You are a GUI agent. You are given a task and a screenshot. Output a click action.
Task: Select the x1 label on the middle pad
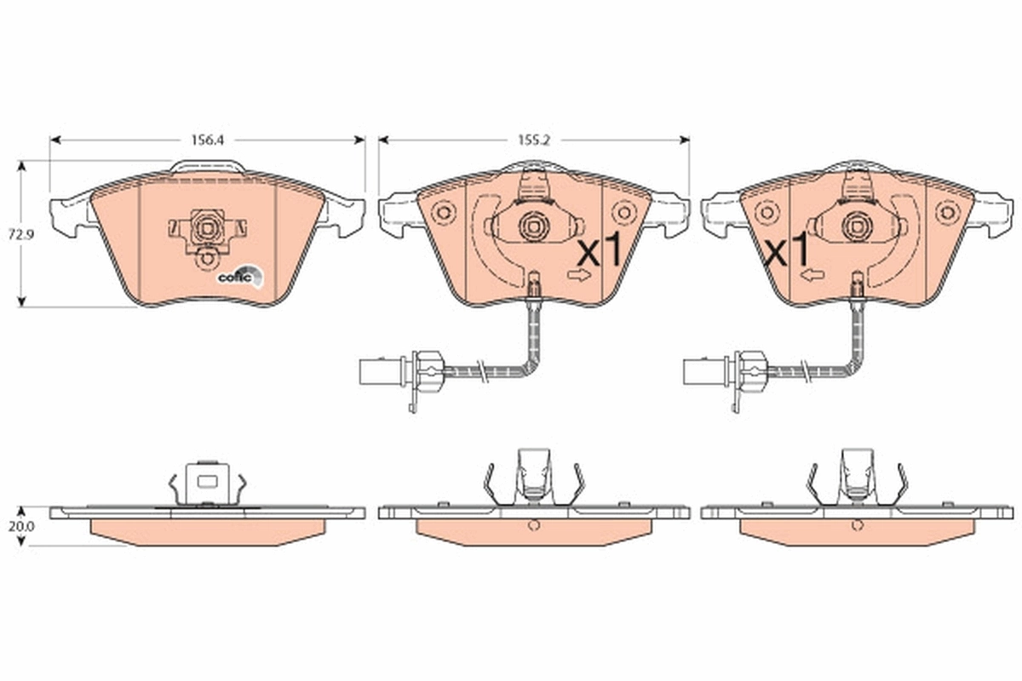point(600,252)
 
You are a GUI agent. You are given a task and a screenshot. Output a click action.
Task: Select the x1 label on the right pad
point(787,252)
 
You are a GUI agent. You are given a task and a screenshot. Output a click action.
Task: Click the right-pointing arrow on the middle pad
point(579,275)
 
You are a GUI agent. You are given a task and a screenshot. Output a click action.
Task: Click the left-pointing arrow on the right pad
point(812,275)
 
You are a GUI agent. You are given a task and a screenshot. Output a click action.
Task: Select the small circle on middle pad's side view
point(533,525)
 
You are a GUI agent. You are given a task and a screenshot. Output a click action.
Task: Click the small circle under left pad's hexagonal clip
point(205,260)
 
